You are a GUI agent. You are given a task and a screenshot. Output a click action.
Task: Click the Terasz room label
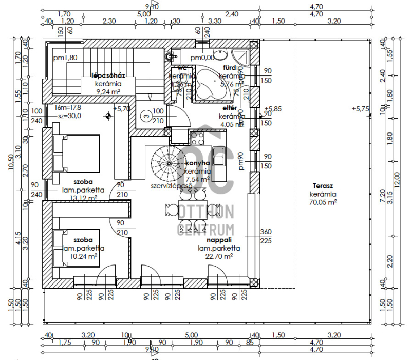tap(323, 186)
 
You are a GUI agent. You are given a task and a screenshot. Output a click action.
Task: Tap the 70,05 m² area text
tap(323, 203)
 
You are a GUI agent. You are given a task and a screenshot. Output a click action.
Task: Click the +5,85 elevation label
tap(274, 109)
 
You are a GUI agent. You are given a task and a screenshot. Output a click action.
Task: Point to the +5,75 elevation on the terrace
tap(361, 109)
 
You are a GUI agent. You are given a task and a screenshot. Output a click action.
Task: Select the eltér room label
tap(229, 108)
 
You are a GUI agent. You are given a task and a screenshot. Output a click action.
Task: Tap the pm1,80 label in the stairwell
tap(65, 58)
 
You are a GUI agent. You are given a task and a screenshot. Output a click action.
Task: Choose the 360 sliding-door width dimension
tap(267, 231)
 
